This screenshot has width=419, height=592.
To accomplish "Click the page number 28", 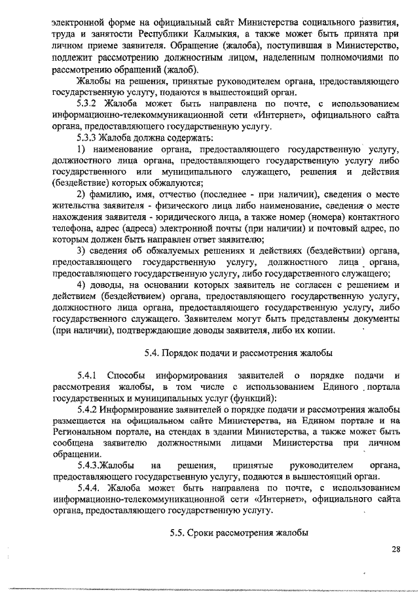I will [395, 549].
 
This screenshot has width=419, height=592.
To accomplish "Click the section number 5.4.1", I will [86, 375].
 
